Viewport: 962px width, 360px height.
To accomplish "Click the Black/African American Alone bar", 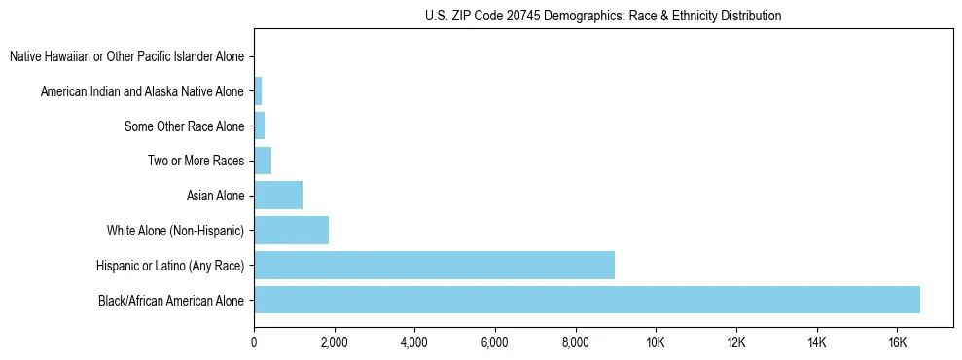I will pyautogui.click(x=587, y=300).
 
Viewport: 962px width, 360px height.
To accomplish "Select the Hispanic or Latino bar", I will pyautogui.click(x=434, y=265).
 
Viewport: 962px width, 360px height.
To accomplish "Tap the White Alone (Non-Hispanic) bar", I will pyautogui.click(x=291, y=231).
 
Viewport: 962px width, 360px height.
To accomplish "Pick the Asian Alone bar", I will pyautogui.click(x=278, y=196).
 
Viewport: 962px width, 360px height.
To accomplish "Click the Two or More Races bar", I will pyautogui.click(x=263, y=161).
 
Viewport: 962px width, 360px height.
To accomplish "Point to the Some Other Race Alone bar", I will pyautogui.click(x=260, y=126).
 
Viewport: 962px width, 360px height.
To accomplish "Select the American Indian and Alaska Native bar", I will pyautogui.click(x=258, y=91).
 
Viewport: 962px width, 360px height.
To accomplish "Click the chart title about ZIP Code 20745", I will pyautogui.click(x=603, y=16).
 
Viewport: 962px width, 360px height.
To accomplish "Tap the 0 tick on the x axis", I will pyautogui.click(x=254, y=342).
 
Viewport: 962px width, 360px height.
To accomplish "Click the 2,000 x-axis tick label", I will pyautogui.click(x=334, y=342).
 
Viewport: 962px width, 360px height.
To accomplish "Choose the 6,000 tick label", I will pyautogui.click(x=495, y=342).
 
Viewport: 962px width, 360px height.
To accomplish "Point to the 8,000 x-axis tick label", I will pyautogui.click(x=575, y=342).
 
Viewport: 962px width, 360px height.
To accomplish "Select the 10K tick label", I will pyautogui.click(x=656, y=342).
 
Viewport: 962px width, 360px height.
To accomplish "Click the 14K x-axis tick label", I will pyautogui.click(x=816, y=342).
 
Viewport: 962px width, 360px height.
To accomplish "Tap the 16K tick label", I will pyautogui.click(x=897, y=342).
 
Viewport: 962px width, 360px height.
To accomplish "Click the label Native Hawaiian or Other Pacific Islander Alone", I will pyautogui.click(x=126, y=57).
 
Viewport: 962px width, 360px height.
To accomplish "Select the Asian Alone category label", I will pyautogui.click(x=215, y=197).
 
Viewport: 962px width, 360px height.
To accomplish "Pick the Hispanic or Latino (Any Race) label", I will pyautogui.click(x=170, y=266).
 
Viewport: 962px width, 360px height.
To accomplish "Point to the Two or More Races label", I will pyautogui.click(x=196, y=162).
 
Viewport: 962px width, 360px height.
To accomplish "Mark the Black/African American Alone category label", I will pyautogui.click(x=171, y=301).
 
